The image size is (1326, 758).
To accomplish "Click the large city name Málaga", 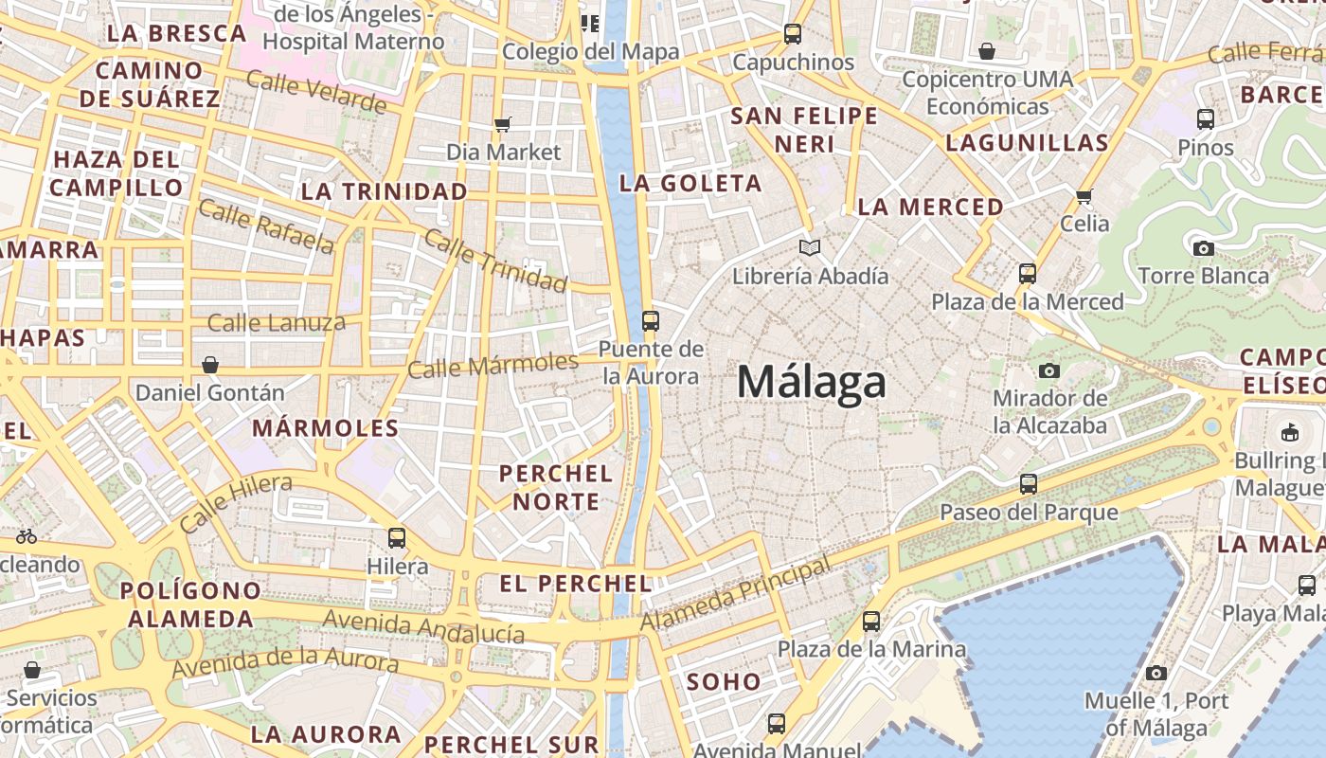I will click(812, 383).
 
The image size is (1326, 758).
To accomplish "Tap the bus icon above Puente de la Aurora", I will click(650, 320).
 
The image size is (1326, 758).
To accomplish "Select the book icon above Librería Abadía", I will click(809, 248).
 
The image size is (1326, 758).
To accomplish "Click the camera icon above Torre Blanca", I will click(1203, 248).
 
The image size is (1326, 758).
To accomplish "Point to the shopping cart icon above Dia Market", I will click(503, 124).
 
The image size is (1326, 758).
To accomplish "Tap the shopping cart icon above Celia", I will click(1084, 196).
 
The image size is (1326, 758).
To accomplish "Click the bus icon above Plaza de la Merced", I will click(1028, 274).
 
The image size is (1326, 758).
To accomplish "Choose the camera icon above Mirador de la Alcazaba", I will click(1048, 370).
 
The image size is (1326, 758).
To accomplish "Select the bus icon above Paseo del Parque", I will click(1029, 484).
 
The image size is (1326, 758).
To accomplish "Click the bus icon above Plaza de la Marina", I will click(871, 622).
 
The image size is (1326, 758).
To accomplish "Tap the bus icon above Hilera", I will click(397, 538).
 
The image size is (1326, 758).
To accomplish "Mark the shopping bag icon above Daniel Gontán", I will click(210, 365).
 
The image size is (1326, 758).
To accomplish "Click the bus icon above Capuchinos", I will click(793, 34).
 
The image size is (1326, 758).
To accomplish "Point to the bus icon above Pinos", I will click(1206, 119).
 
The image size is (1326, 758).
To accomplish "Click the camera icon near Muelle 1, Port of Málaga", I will click(1156, 673).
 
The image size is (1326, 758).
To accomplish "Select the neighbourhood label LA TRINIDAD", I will click(385, 191).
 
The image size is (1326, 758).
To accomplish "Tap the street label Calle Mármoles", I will click(493, 365).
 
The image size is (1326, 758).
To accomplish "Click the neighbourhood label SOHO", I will click(724, 681).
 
